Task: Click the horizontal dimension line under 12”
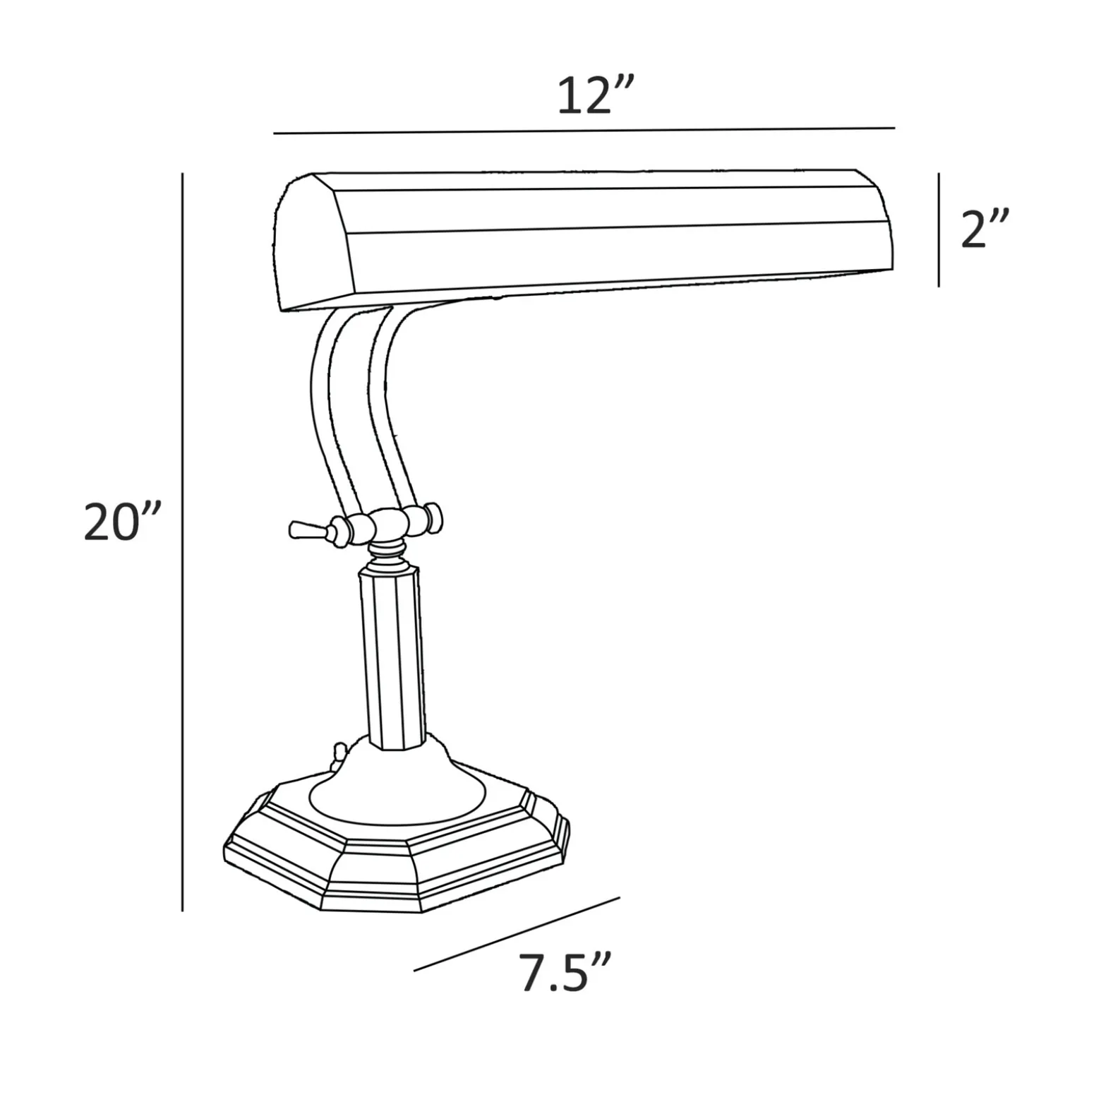[584, 131]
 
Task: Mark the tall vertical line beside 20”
[182, 541]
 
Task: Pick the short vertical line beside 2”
[939, 229]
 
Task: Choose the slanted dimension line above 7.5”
[517, 934]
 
